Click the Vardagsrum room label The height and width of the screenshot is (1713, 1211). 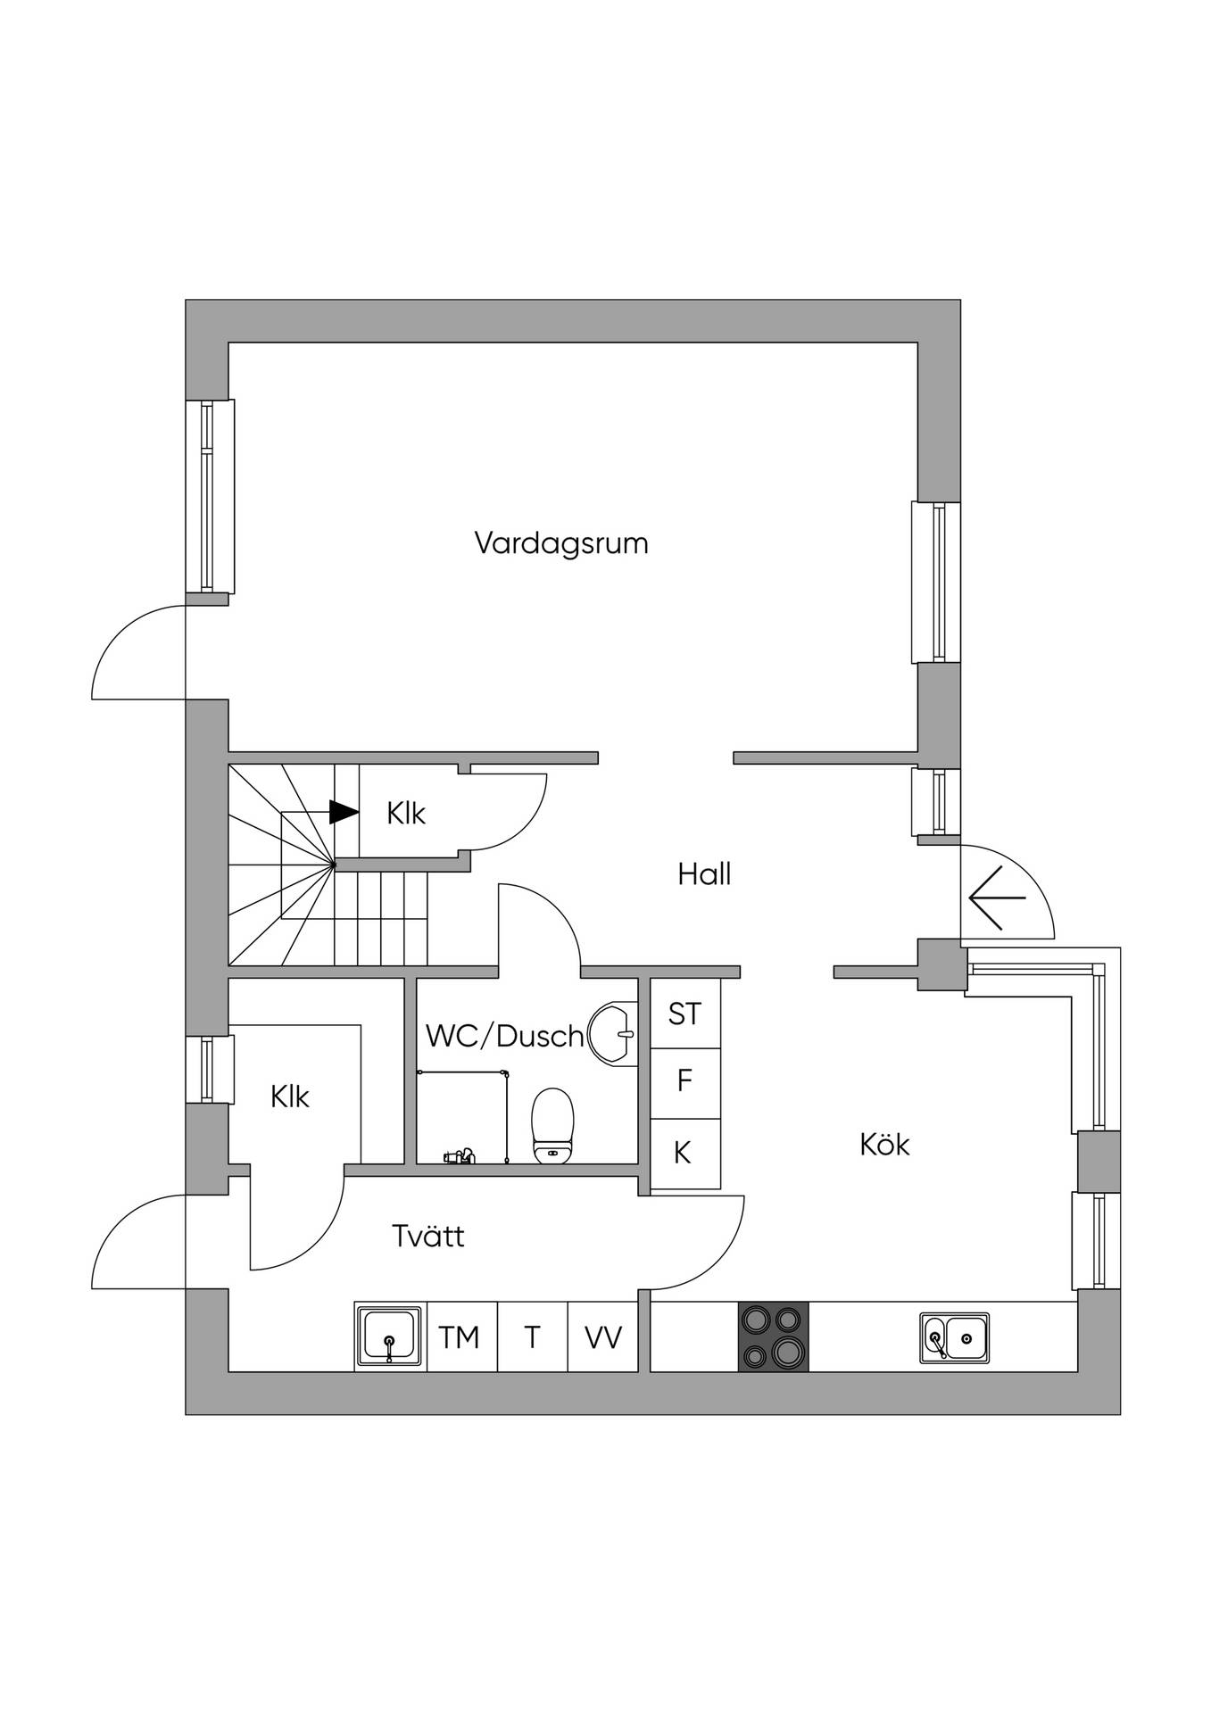point(561,543)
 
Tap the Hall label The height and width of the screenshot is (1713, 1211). point(704,874)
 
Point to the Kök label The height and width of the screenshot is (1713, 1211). point(884,1144)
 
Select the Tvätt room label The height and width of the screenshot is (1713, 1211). point(428,1236)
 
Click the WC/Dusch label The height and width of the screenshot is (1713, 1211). point(505,1036)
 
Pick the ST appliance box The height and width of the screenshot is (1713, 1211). point(685,1014)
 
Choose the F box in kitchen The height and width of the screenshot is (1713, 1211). point(685,1083)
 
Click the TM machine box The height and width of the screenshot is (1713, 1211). point(462,1336)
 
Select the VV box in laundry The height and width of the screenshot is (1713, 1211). point(603,1336)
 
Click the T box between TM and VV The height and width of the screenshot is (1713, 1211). point(533,1336)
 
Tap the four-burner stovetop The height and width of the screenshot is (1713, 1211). point(773,1336)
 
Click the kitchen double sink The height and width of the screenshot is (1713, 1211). point(955,1337)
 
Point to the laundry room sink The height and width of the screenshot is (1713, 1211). point(390,1336)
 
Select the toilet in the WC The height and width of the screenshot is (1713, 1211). point(552,1126)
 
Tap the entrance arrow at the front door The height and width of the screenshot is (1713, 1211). point(997,898)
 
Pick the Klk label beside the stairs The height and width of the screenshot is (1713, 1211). point(406,814)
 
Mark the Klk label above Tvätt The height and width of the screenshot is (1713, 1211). point(290,1096)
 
